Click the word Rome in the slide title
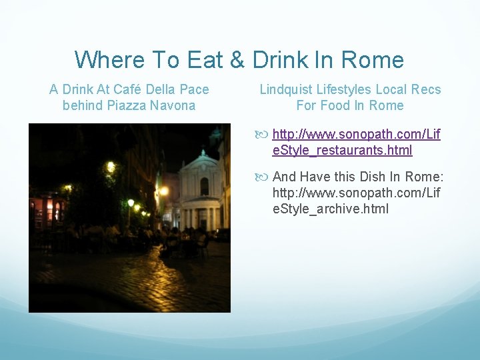(372, 60)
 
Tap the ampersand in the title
(237, 60)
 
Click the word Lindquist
(284, 89)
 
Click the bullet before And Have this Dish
(265, 177)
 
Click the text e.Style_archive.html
(330, 209)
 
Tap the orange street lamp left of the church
(163, 191)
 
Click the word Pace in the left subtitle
(195, 89)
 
